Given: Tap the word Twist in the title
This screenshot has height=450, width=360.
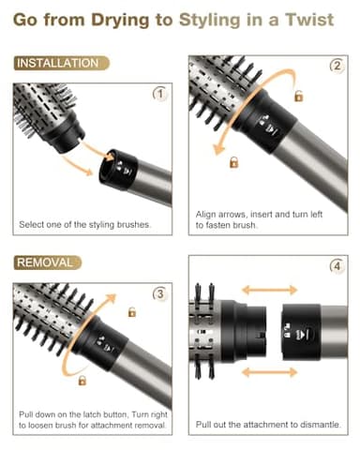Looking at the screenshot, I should coord(307,20).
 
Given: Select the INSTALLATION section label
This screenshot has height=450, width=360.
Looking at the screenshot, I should coord(58,64).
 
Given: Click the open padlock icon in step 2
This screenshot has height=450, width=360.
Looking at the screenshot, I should coord(298,96).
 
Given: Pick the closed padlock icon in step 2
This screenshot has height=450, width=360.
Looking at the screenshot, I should coord(233,162).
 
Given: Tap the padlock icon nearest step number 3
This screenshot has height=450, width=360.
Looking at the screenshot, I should coord(132,311).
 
